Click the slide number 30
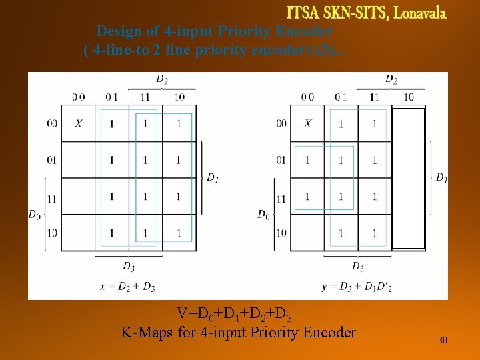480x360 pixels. point(443,341)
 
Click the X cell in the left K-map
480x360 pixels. point(78,123)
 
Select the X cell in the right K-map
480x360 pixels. point(307,123)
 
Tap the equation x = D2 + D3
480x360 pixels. point(127,287)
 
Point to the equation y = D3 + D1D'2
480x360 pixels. point(356,287)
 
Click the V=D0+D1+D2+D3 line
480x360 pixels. point(234,313)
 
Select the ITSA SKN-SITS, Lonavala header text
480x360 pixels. point(366,13)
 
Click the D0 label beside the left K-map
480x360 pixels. point(34,214)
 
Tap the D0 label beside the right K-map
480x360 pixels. point(263,214)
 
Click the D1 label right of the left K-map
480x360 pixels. point(212,178)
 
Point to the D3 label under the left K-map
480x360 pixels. point(129,266)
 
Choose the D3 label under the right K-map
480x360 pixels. point(358,266)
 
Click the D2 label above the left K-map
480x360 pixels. point(161,79)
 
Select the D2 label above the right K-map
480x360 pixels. point(391,79)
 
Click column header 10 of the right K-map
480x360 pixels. point(409,97)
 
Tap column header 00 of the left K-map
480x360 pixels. point(78,97)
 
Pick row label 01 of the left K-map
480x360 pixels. point(52,160)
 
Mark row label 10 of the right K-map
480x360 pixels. point(281,233)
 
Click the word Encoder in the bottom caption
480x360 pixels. point(326,332)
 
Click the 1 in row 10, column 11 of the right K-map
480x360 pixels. point(375,233)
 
